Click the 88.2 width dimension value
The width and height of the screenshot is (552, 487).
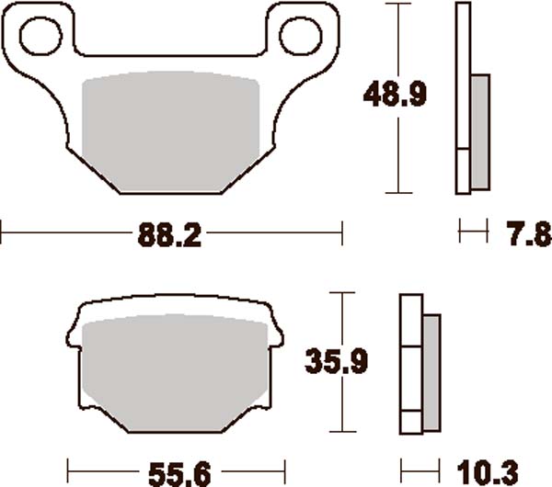(x=170, y=235)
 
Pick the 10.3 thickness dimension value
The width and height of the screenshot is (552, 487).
(x=492, y=472)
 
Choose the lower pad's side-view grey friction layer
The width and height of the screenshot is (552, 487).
(x=431, y=366)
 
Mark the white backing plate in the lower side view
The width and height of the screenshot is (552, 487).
(x=410, y=366)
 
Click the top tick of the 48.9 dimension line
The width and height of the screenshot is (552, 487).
(x=397, y=4)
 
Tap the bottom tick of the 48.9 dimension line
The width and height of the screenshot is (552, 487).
(x=397, y=193)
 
